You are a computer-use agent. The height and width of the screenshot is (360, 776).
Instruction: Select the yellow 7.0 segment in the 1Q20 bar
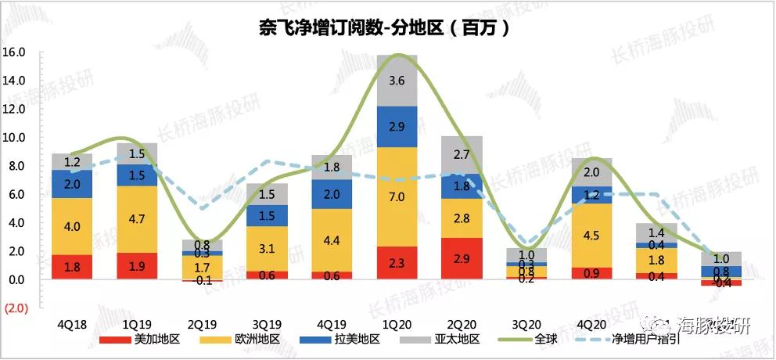coord(397,196)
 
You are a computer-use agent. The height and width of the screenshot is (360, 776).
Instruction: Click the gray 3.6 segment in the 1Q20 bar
coord(397,81)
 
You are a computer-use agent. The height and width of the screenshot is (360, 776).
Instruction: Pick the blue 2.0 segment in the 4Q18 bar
coord(72,183)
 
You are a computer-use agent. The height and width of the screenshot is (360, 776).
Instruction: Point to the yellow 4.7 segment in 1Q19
coord(137,218)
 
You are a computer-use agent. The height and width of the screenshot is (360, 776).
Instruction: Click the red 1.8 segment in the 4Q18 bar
coord(72,267)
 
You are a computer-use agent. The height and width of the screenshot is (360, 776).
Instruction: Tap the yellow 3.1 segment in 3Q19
coord(268,249)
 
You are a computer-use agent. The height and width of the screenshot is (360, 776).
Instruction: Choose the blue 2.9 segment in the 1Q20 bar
coord(397,126)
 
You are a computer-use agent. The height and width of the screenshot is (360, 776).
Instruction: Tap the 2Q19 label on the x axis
coord(203,323)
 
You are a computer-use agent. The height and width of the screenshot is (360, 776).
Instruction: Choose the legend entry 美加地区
coord(144,340)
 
